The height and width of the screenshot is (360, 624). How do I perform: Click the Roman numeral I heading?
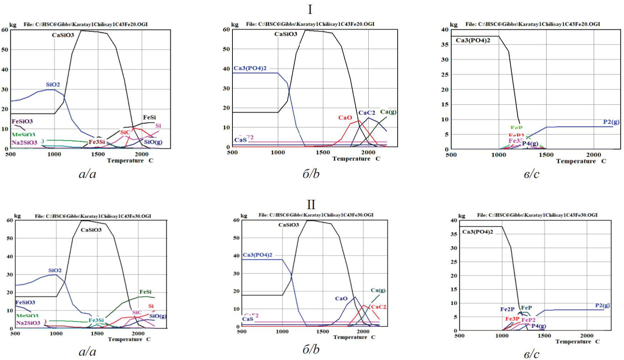point(310,10)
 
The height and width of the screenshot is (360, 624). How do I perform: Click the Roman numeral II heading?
point(311,205)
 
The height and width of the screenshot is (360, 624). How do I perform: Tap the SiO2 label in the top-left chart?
point(53,85)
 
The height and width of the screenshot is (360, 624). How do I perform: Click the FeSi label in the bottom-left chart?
point(146,292)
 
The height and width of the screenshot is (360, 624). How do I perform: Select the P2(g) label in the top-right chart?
point(611,122)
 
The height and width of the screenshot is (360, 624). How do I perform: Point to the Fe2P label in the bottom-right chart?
point(507,310)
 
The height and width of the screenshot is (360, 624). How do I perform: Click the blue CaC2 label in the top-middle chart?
point(367,113)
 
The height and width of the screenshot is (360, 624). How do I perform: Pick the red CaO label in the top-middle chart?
point(345,118)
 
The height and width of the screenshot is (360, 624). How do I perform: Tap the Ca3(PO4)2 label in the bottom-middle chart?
point(257,255)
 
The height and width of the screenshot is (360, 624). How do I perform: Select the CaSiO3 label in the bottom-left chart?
point(91,230)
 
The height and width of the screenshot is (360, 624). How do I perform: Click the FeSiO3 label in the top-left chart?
point(22,122)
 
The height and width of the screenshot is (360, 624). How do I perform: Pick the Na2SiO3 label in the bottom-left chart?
point(28,323)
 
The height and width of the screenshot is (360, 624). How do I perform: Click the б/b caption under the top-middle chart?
point(311,174)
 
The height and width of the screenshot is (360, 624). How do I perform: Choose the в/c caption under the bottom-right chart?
point(531,354)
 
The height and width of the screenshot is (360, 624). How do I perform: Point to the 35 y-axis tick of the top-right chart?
point(444,45)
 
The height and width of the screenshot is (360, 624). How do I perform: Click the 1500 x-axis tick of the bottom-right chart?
point(544,336)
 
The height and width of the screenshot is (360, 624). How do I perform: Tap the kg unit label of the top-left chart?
point(13,25)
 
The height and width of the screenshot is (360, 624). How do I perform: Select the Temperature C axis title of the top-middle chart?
point(356,159)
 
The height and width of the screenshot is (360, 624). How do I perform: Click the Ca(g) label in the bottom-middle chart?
point(378,290)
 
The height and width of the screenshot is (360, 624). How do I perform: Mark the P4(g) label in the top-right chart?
point(530,144)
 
